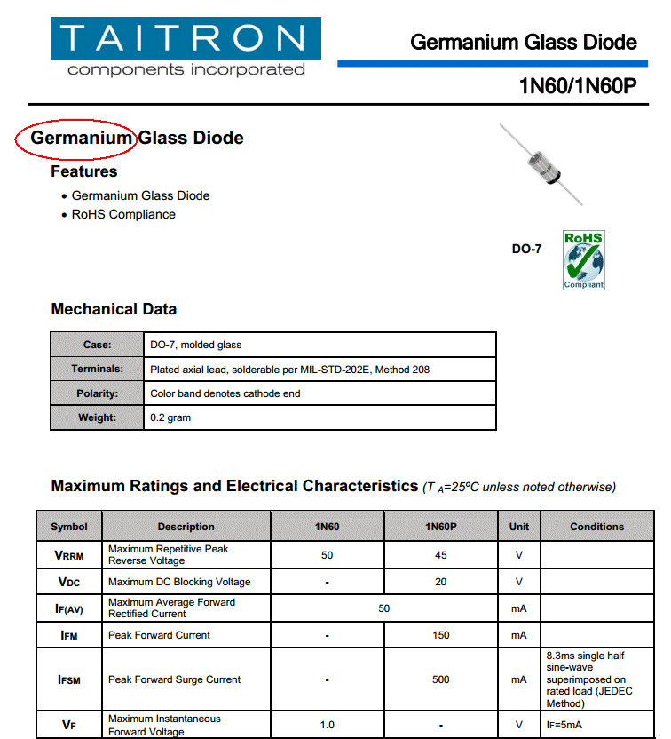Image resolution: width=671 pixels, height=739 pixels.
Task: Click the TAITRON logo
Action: (186, 48)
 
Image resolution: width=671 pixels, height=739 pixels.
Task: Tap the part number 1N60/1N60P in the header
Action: (578, 86)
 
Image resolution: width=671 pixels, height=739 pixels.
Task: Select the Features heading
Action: (83, 171)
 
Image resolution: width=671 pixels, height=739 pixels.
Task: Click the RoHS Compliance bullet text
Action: (123, 214)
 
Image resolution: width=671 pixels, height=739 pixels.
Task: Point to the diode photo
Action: (541, 164)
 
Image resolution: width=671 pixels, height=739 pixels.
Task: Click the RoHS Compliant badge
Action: (583, 259)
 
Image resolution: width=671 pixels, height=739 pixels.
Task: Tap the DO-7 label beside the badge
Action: (526, 249)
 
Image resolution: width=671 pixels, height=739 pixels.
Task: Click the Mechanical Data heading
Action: (114, 309)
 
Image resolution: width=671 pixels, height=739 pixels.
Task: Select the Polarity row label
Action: (98, 393)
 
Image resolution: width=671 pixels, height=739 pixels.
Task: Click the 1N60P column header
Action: (440, 527)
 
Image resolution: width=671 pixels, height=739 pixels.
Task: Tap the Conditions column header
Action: (596, 527)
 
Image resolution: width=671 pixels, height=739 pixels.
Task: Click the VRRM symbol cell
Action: (70, 555)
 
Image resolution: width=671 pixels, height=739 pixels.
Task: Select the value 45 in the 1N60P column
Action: (440, 555)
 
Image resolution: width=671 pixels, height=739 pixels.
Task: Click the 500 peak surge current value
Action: (440, 679)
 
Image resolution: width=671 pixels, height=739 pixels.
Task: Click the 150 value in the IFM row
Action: (440, 635)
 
